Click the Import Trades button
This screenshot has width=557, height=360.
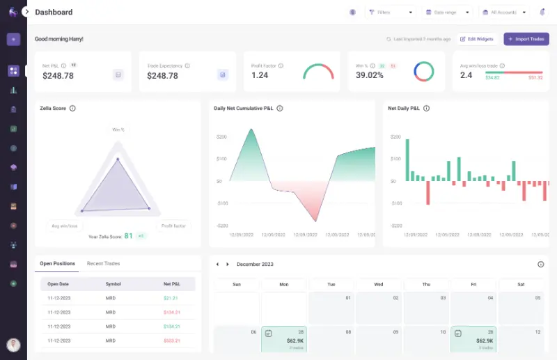click(526, 39)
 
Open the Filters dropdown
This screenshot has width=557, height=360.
click(391, 13)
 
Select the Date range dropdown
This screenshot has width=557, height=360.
click(446, 13)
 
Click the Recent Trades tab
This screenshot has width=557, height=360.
click(103, 263)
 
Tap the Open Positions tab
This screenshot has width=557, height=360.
click(56, 263)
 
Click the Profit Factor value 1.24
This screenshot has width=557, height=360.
click(260, 75)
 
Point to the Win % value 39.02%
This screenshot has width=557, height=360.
click(370, 75)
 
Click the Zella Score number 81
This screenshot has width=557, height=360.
click(128, 236)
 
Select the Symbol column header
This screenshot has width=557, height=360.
click(113, 284)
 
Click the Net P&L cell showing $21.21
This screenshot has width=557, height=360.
click(171, 298)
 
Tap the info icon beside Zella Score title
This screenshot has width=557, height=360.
click(72, 109)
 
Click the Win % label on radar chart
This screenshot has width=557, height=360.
click(118, 130)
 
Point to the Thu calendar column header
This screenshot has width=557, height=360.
click(425, 284)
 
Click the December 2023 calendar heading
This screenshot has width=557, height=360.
click(255, 265)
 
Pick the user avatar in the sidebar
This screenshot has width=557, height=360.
click(13, 345)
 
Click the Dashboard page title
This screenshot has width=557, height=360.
click(54, 13)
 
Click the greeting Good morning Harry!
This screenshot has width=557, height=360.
click(58, 39)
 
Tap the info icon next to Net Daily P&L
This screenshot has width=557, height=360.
click(426, 109)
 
